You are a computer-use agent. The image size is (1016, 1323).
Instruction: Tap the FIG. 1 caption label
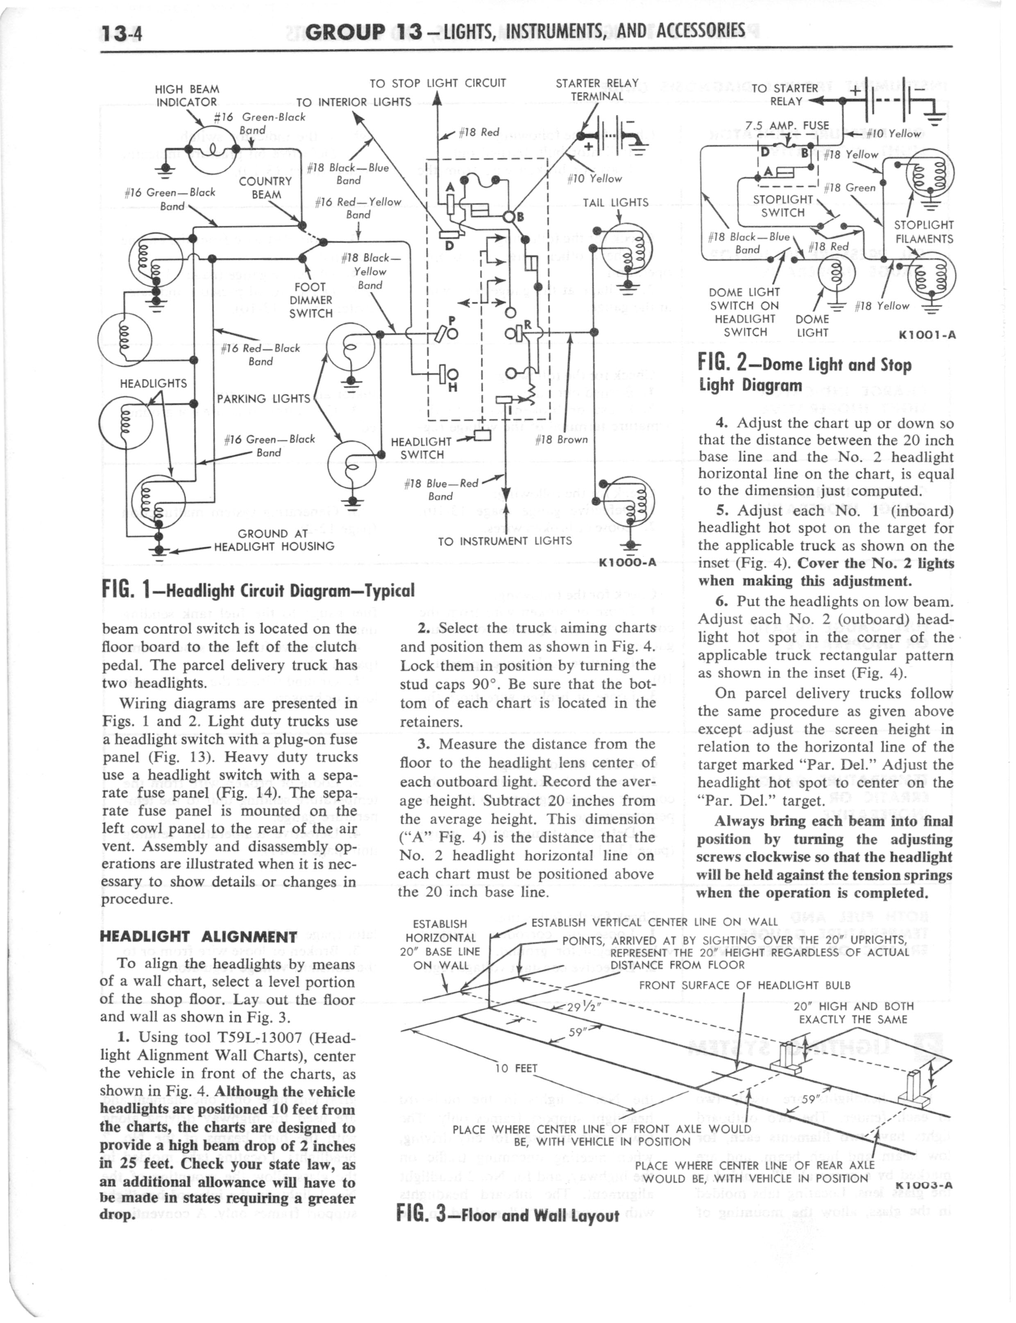click(258, 590)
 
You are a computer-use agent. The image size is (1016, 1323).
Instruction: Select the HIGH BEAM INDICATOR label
click(186, 95)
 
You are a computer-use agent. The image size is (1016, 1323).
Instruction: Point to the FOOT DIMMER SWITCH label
click(310, 300)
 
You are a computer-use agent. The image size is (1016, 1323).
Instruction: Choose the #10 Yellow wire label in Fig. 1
click(594, 178)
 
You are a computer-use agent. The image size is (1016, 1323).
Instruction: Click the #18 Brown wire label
click(561, 440)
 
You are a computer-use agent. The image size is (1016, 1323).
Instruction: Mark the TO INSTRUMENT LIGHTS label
click(504, 541)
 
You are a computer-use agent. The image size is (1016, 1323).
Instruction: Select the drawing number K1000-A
click(627, 562)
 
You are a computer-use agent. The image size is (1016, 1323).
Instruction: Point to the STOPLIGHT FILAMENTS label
click(923, 231)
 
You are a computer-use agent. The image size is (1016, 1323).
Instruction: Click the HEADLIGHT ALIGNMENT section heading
click(198, 937)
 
